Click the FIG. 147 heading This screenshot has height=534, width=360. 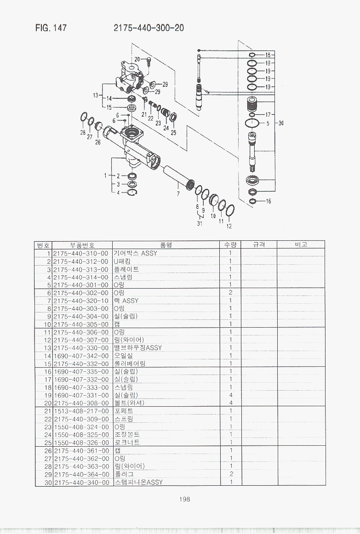tap(51, 28)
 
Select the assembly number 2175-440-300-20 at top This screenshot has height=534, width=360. tap(149, 28)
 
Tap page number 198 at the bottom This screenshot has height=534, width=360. tap(184, 499)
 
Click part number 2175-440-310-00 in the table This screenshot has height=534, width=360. tap(81, 253)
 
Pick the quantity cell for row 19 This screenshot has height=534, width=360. tap(231, 395)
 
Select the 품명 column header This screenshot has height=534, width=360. tap(166, 245)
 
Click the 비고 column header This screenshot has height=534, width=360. tap(301, 244)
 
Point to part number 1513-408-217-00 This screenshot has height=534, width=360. tap(81, 411)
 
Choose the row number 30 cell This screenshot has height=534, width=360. tap(48, 482)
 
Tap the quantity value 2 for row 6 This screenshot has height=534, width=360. tap(231, 293)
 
